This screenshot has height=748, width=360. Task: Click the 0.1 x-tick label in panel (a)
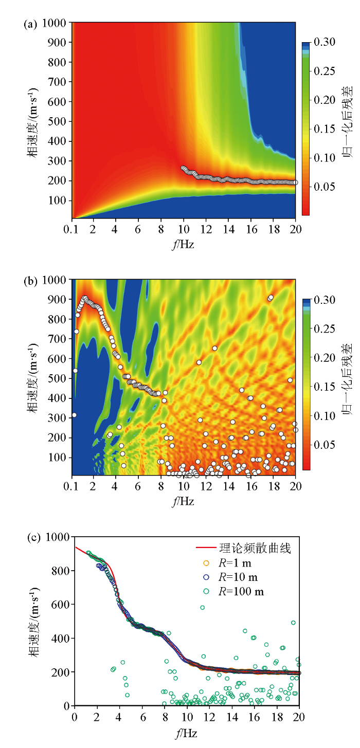click(72, 229)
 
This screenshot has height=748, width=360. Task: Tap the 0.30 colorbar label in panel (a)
click(326, 42)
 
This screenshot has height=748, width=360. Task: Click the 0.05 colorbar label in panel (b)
click(326, 444)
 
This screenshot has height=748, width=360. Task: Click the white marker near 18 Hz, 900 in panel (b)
click(271, 298)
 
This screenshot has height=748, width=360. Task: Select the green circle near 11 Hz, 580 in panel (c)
click(203, 608)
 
